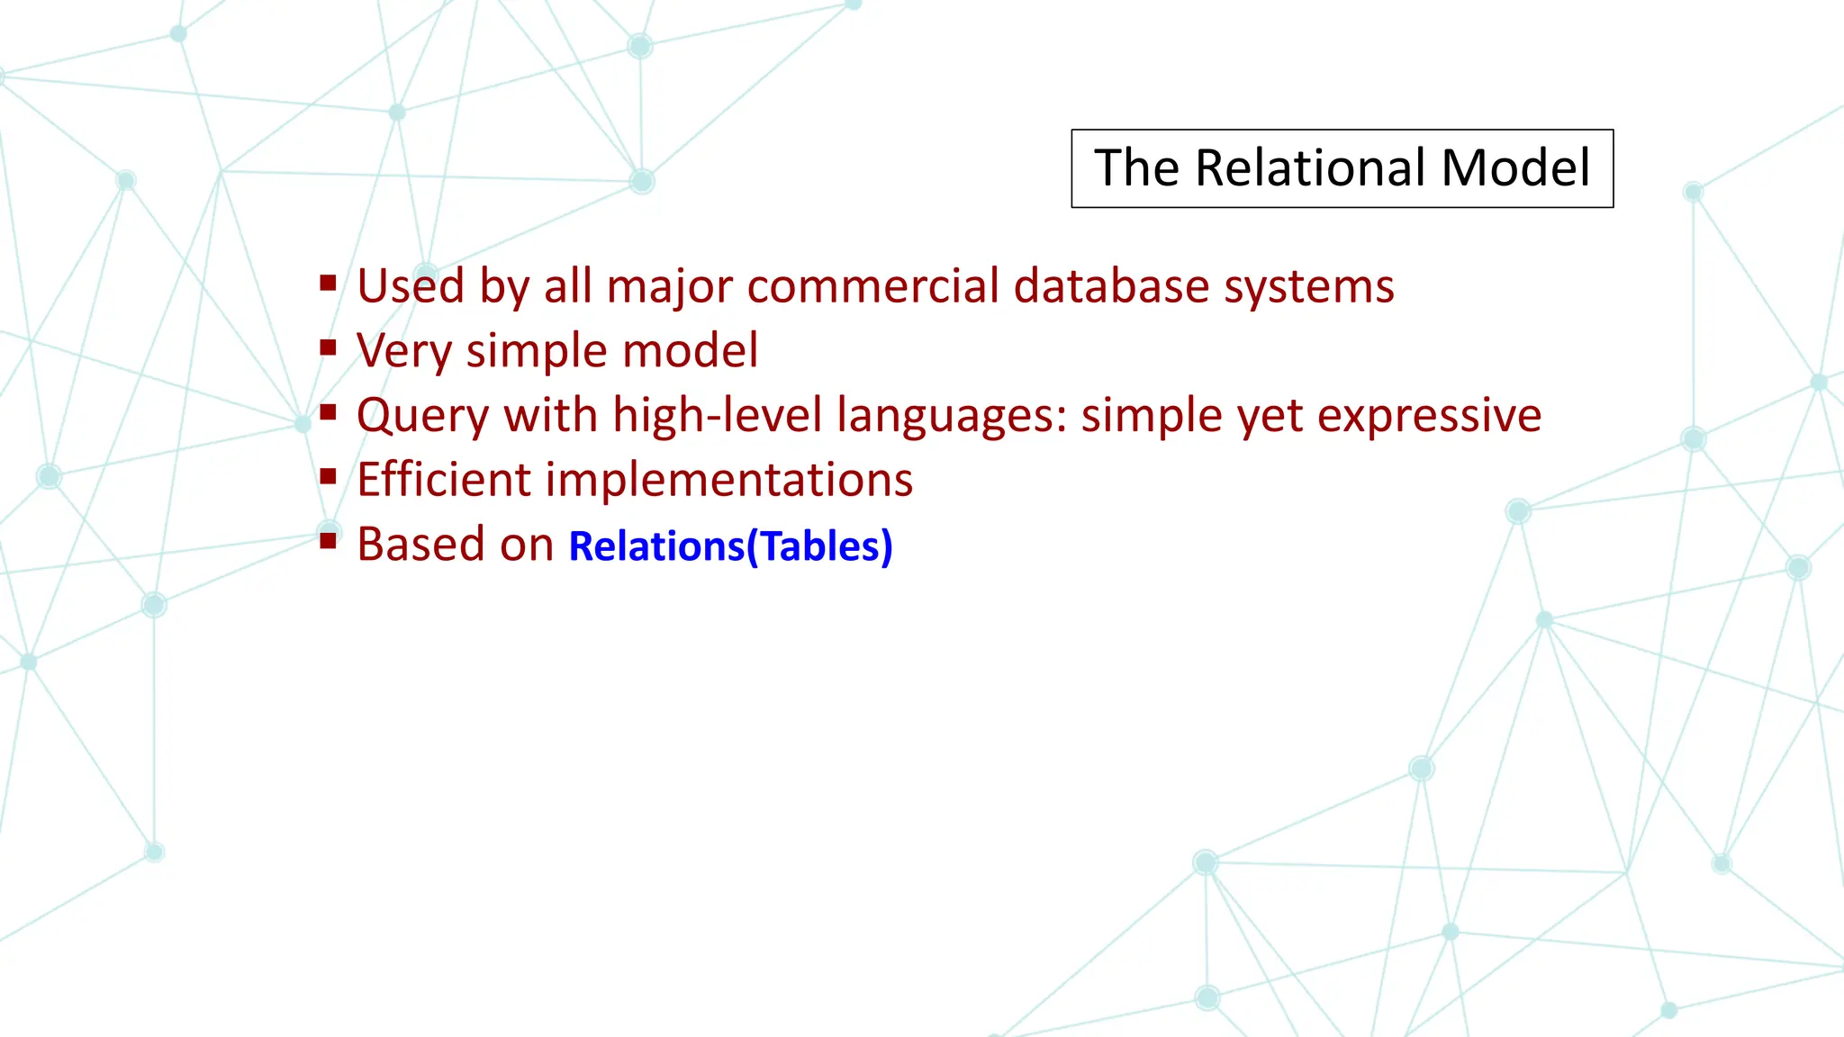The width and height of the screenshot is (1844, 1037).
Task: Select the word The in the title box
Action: point(1136,168)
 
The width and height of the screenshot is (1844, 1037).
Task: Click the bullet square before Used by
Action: point(328,284)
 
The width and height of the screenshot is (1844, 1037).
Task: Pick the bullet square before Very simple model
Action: point(328,348)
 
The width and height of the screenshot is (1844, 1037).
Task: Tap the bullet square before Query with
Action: point(328,413)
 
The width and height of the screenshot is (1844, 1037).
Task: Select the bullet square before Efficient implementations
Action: point(328,477)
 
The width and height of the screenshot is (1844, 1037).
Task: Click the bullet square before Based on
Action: point(328,541)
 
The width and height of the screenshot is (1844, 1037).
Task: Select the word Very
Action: point(402,352)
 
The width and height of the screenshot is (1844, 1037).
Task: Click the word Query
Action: point(422,417)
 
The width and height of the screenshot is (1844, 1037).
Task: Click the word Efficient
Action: point(444,480)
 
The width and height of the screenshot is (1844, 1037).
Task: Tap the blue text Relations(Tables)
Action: point(730,546)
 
